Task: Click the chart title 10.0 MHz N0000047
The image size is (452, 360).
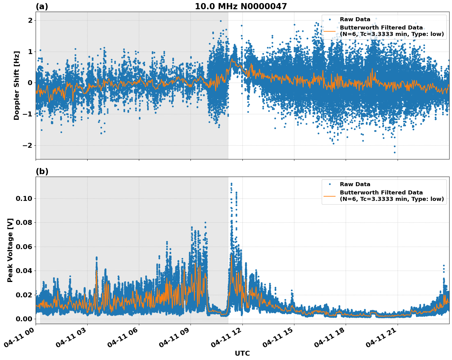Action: pos(241,6)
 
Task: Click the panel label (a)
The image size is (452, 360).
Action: pos(42,6)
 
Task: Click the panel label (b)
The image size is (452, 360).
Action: pos(42,171)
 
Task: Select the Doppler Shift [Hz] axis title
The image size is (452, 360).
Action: pos(17,85)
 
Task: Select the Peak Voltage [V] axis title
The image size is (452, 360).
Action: pos(10,250)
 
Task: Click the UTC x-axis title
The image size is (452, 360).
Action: pos(242,353)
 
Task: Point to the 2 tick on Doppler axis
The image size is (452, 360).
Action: pos(30,20)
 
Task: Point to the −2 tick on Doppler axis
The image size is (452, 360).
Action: pos(28,145)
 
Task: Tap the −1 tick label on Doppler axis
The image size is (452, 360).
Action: pos(28,114)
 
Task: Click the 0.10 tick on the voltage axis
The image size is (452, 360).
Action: pos(24,198)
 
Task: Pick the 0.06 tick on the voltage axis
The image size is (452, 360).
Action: pos(24,247)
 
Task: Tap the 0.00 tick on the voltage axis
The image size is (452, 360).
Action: pos(24,319)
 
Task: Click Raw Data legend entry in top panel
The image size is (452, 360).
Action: pos(355,20)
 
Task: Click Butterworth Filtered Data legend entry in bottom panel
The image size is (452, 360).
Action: pos(391,196)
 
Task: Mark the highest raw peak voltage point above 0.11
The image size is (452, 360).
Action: pos(231,183)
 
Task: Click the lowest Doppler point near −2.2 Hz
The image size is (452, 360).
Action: pos(395,152)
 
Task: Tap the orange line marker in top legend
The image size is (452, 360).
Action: pos(330,31)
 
